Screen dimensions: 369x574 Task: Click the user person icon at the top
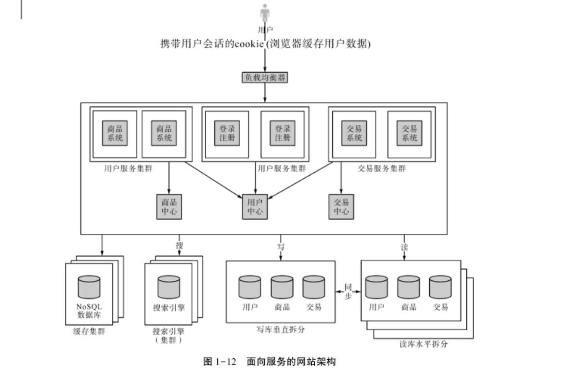tap(265, 13)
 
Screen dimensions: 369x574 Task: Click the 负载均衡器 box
tap(265, 78)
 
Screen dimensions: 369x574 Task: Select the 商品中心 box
tap(169, 207)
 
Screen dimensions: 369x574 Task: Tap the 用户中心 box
tap(255, 207)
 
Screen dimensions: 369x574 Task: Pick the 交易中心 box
tap(341, 207)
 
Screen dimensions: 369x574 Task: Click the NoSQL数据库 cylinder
tap(89, 287)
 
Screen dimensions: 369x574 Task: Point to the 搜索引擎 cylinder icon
tap(169, 287)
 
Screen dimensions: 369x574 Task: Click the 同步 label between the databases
tap(348, 292)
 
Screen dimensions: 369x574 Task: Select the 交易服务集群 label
tap(381, 169)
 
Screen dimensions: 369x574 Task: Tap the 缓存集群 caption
tap(89, 331)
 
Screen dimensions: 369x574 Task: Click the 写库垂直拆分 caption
tap(280, 329)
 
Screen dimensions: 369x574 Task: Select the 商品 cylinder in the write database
tap(282, 287)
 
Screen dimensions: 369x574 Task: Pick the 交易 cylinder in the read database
tap(440, 287)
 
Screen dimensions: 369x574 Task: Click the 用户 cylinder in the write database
tap(250, 287)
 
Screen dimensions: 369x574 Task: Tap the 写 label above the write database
tap(281, 246)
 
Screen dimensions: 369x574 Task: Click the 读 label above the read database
tap(404, 246)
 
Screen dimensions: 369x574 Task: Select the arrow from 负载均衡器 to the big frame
tap(265, 93)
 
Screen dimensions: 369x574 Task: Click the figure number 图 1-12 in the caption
tap(220, 361)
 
